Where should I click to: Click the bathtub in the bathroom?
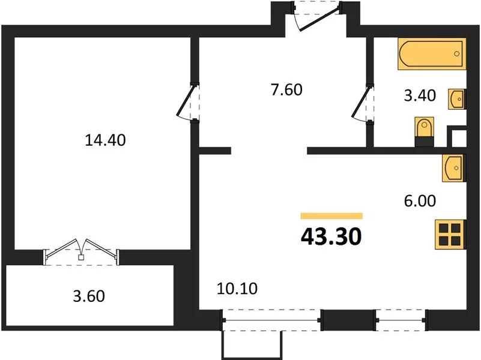tap(432, 54)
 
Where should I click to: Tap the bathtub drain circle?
tap(456, 54)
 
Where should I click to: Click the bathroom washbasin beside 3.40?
tap(457, 99)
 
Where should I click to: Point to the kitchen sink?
tap(454, 168)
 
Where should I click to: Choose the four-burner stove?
tap(450, 235)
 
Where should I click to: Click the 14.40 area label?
tap(105, 140)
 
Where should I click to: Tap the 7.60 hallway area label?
tap(286, 90)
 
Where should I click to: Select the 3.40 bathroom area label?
tap(420, 95)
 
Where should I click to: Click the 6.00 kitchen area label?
tap(420, 201)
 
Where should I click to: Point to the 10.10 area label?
tap(237, 289)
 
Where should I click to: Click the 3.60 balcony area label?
tap(89, 296)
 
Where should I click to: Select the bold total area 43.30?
tap(331, 237)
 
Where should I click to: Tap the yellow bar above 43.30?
tap(331, 216)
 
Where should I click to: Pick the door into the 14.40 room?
tap(188, 102)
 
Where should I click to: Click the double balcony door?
tap(80, 252)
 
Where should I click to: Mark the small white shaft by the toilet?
tap(459, 138)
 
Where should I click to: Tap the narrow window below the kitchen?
tap(401, 320)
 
